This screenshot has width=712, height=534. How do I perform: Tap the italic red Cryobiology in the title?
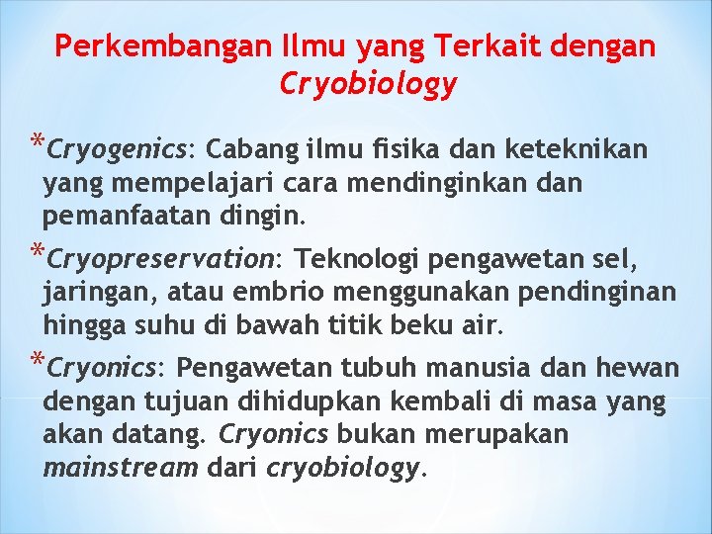pyautogui.click(x=368, y=85)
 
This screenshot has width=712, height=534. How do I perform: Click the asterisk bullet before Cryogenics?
pyautogui.click(x=37, y=141)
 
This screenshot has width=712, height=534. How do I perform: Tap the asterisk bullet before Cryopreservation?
pyautogui.click(x=37, y=252)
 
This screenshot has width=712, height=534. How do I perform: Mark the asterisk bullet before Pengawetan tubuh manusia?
pyautogui.click(x=37, y=361)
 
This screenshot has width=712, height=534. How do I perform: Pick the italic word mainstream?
pyautogui.click(x=122, y=467)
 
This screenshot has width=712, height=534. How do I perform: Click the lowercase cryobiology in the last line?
pyautogui.click(x=342, y=468)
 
